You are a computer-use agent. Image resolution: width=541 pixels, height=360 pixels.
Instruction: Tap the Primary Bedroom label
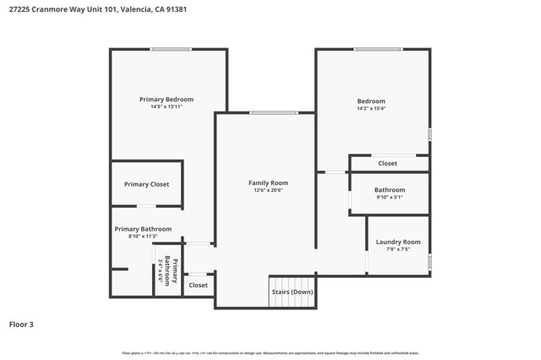coord(167,100)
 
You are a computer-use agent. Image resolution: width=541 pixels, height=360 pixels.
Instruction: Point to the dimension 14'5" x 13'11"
coord(167,107)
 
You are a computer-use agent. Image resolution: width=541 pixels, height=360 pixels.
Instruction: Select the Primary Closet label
coord(147,184)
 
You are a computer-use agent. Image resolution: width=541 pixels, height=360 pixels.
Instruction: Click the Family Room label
coord(268,183)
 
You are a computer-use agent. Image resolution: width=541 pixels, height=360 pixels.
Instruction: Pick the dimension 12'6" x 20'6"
coord(268,190)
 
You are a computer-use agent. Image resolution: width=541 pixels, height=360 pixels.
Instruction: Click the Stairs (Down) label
coord(292,292)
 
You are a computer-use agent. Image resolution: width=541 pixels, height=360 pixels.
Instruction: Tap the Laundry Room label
coord(398,242)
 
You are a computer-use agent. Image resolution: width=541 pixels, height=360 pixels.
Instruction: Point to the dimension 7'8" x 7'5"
coord(398,249)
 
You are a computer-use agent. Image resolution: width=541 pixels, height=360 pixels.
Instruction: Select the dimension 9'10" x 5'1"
coord(390,198)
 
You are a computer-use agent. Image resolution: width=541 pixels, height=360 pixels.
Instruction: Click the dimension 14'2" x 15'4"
coord(371,109)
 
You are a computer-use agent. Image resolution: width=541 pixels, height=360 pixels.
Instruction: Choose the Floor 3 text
coord(21,324)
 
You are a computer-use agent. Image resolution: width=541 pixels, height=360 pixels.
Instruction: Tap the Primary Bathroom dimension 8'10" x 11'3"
coord(143,237)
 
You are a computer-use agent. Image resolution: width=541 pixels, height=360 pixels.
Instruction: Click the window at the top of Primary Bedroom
coord(171,49)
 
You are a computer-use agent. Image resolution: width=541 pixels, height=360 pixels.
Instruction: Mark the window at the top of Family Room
coord(274,112)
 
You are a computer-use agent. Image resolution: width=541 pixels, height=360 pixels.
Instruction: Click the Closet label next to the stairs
coord(198,286)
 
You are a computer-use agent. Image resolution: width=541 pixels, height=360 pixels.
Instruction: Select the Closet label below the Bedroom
coord(387,163)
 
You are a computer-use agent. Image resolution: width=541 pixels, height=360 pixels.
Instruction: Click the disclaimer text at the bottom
coord(270,353)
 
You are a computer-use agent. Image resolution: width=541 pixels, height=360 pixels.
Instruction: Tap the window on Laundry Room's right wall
coord(429,262)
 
